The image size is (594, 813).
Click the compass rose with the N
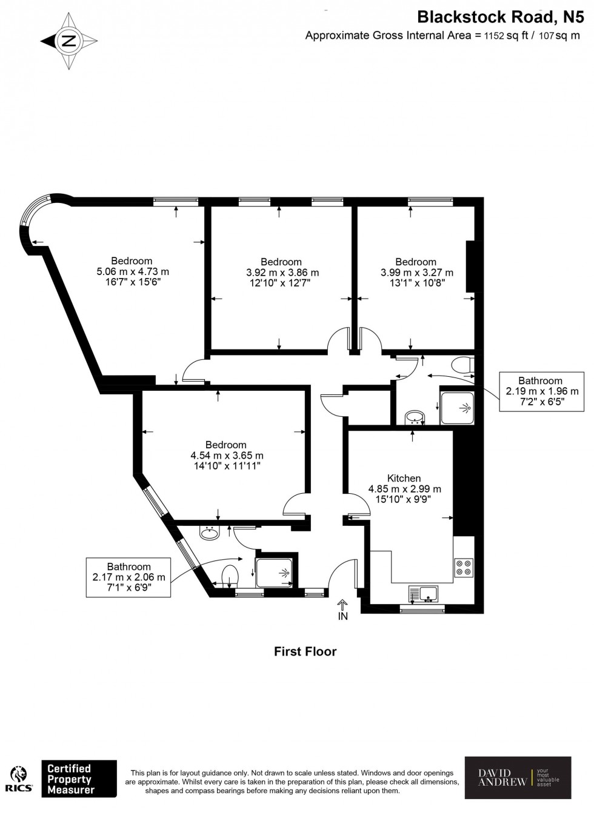pos(69,41)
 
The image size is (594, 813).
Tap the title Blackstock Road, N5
pos(501,16)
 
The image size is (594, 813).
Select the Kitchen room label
pos(404,479)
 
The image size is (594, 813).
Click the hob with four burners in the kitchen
pos(464,567)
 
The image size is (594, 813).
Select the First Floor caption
pos(305,652)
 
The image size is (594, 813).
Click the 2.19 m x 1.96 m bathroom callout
pos(542,391)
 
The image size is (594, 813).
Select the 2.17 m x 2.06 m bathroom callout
pos(128,577)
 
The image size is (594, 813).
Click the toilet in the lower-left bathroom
pos(230,576)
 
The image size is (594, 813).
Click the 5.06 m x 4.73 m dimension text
pos(133,272)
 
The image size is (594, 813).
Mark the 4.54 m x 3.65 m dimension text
pos(227,456)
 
